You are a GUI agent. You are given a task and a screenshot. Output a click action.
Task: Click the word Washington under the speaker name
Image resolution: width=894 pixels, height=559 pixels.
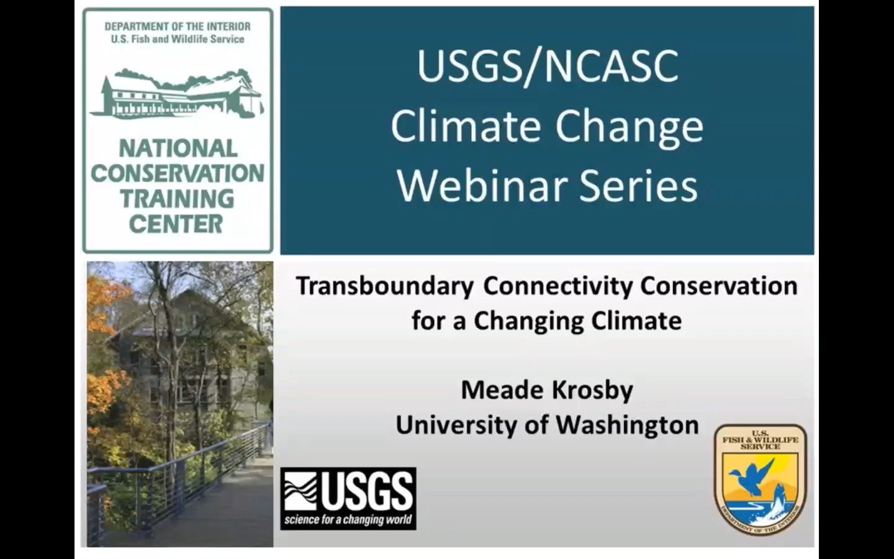(628, 425)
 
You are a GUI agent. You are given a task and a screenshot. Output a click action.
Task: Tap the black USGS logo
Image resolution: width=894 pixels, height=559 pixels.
(348, 499)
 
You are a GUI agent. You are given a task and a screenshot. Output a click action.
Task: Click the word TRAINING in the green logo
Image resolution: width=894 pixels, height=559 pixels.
(178, 199)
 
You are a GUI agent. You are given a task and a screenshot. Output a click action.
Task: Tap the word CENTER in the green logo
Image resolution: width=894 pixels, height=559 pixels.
(176, 224)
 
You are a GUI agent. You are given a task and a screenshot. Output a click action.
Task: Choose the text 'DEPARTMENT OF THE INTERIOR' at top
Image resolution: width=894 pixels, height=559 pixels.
(178, 27)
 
